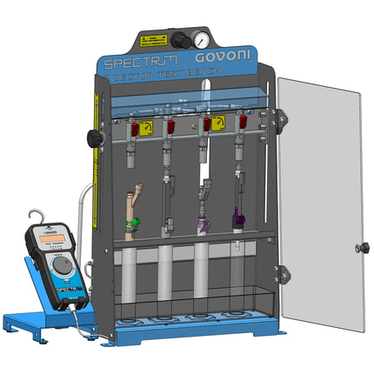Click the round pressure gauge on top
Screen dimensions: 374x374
pyautogui.click(x=201, y=40)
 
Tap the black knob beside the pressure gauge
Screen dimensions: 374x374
pyautogui.click(x=178, y=40)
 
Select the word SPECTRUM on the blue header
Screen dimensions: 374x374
pyautogui.click(x=140, y=62)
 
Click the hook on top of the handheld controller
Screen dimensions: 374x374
pyautogui.click(x=36, y=217)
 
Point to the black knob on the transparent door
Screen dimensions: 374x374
pyautogui.click(x=358, y=250)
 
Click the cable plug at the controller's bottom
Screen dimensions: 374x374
pyautogui.click(x=77, y=308)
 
